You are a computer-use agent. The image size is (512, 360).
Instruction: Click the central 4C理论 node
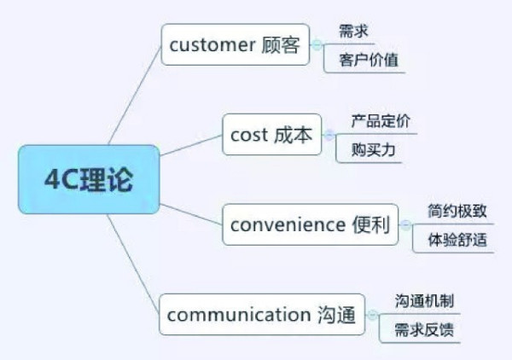click(x=89, y=179)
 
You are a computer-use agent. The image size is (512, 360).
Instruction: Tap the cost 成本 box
click(x=271, y=135)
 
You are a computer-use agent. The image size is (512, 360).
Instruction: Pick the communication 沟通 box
click(x=262, y=314)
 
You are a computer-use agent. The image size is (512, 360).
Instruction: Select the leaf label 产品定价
click(x=381, y=121)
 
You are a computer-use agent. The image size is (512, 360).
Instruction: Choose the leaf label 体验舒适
click(x=457, y=240)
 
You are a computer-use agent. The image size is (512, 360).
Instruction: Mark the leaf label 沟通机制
click(x=424, y=301)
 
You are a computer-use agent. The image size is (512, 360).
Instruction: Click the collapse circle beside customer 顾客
click(x=317, y=44)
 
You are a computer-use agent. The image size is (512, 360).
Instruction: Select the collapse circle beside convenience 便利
click(x=406, y=225)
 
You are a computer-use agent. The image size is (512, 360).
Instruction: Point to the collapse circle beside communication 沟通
click(x=373, y=314)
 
